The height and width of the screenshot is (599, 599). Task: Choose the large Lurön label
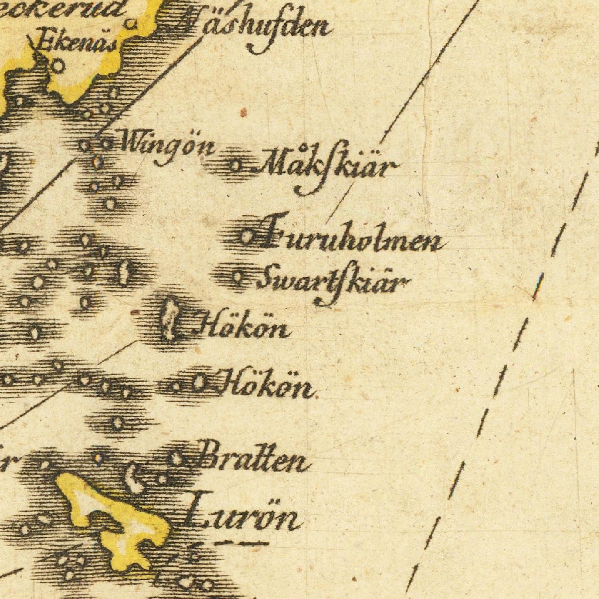click(x=244, y=517)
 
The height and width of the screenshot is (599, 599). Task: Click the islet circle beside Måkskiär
click(x=236, y=165)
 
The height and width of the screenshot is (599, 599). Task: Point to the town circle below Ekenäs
click(x=58, y=65)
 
